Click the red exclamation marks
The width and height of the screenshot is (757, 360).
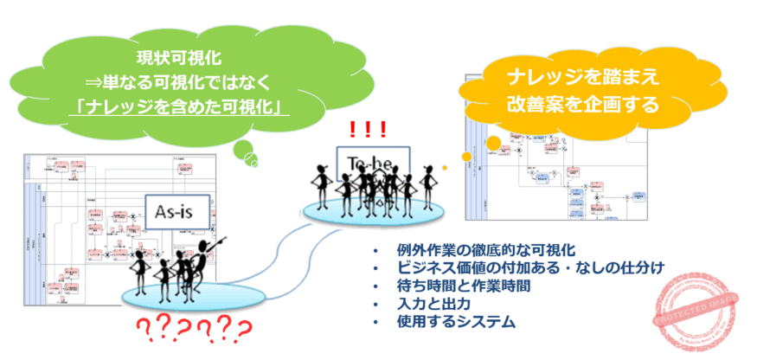click(368, 131)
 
